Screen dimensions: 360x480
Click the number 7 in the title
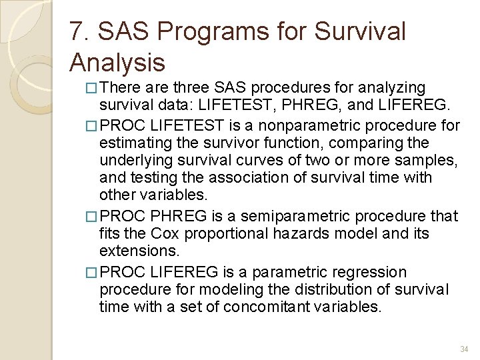coord(77,31)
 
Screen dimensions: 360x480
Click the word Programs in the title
coord(201,31)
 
